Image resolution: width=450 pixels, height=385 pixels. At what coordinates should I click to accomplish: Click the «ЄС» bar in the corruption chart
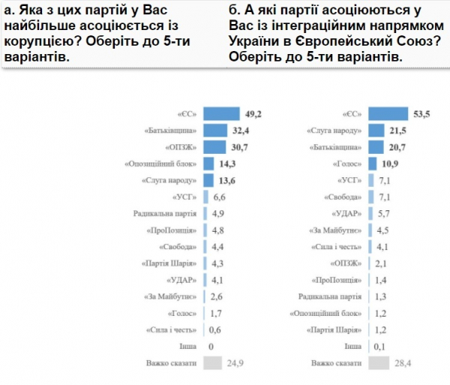(x=224, y=113)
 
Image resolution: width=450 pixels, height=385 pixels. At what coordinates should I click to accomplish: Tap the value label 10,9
(x=392, y=164)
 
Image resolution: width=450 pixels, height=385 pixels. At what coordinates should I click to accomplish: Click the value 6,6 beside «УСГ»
(x=220, y=197)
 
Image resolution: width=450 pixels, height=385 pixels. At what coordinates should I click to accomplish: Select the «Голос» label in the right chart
(x=349, y=164)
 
